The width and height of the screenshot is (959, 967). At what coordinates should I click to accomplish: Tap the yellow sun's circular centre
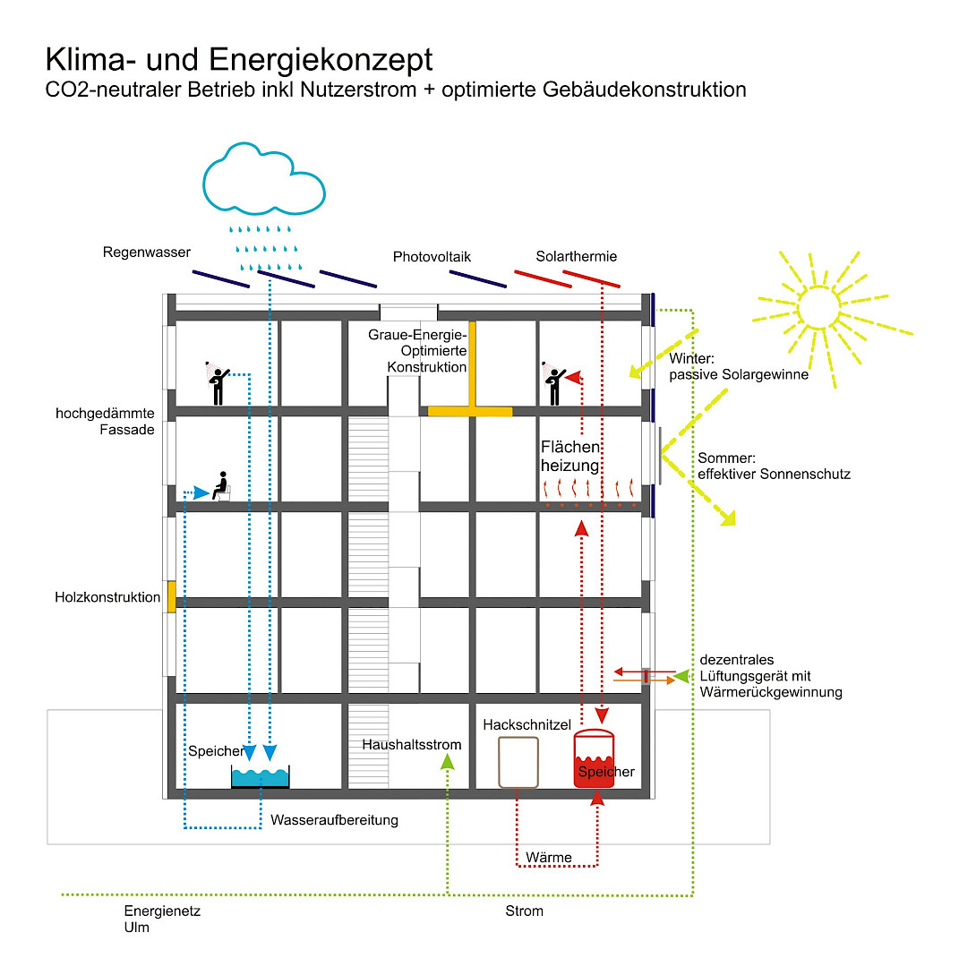815,307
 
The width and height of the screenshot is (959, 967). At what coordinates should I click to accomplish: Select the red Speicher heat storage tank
594,760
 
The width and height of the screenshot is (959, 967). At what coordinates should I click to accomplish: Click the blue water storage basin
260,777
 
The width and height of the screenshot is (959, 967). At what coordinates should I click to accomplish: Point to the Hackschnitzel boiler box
518,762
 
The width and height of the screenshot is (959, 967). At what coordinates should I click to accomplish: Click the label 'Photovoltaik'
432,257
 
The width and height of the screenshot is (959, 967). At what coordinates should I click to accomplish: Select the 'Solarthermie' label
577,257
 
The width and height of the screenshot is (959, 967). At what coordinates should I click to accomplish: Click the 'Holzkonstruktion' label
107,596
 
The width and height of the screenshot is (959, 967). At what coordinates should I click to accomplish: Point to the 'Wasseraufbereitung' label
334,820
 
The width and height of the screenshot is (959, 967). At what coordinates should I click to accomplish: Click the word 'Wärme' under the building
549,858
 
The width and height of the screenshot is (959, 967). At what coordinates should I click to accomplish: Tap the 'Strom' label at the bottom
525,911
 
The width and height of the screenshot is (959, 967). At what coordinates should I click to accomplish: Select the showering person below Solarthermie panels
554,385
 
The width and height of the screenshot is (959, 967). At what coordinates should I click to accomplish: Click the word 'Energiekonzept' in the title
321,60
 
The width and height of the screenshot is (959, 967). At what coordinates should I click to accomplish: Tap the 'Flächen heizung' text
569,456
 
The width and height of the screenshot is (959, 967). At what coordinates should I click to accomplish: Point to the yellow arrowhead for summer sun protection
727,518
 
